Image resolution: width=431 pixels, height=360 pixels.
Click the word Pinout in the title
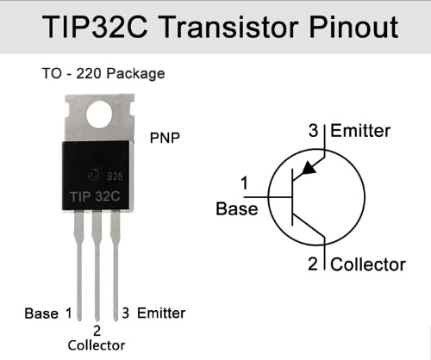353,27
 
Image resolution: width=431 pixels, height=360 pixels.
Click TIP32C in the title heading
95,27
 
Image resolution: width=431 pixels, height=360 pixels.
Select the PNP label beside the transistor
165,138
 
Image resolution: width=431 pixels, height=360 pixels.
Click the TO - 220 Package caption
103,73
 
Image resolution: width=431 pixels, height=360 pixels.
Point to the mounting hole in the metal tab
99,115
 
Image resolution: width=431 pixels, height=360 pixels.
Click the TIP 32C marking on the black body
95,196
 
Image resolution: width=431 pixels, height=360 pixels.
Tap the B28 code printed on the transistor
115,176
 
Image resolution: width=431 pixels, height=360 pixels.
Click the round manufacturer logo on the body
94,175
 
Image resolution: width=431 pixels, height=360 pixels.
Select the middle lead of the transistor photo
97,265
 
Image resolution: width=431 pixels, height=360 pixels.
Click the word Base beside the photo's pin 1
41,313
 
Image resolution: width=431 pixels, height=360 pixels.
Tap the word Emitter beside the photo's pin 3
161,313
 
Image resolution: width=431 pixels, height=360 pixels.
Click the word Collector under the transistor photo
97,345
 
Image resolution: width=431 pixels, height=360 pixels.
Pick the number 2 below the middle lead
97,331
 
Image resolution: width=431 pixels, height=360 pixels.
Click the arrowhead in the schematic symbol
308,169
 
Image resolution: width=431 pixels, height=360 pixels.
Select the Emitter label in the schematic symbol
360,131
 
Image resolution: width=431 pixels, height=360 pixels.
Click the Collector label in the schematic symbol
368,264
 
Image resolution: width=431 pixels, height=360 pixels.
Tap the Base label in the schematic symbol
237,208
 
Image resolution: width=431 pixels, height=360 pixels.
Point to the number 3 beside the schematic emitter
314,131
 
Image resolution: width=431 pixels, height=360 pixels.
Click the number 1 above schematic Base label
245,183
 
